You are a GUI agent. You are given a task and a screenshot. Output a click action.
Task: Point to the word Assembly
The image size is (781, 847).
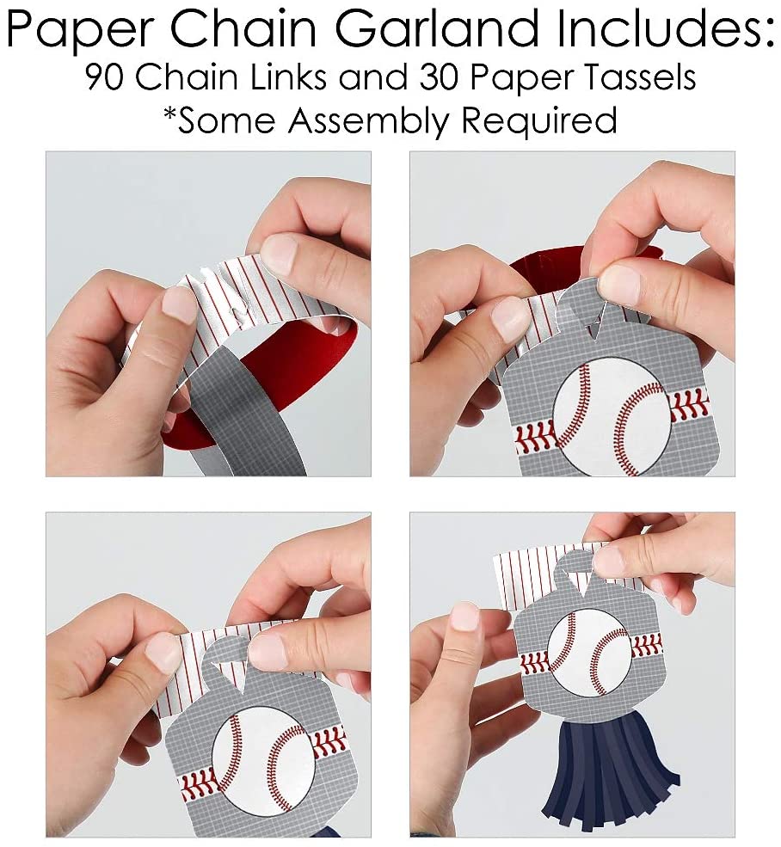368,120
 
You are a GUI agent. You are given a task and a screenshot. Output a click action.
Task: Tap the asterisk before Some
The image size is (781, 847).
170,113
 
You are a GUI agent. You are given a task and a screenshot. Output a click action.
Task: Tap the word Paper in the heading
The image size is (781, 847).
81,30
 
